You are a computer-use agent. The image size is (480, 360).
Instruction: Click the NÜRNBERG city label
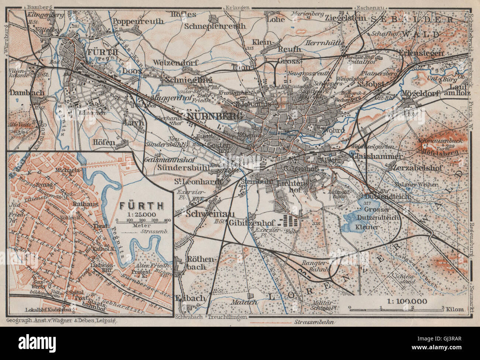[215, 116]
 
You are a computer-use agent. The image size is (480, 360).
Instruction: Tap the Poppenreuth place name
[138, 21]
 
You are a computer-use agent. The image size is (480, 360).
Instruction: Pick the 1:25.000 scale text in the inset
[143, 214]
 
